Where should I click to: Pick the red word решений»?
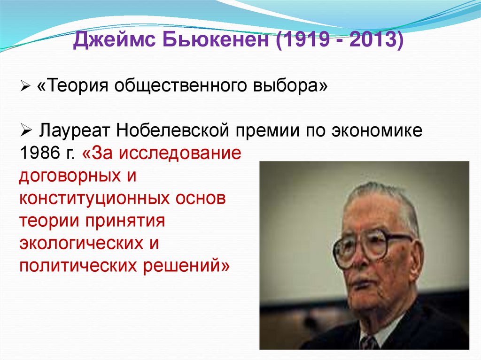pos(185,266)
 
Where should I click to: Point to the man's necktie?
pos(369,343)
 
